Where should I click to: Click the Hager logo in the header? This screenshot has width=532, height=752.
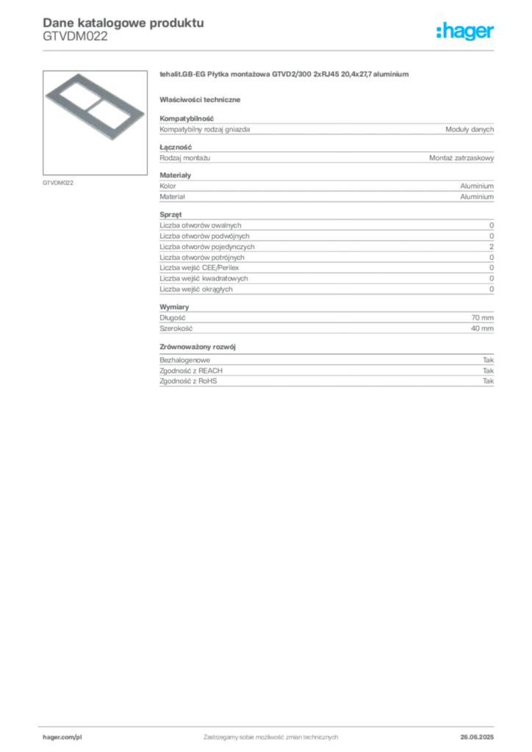click(465, 32)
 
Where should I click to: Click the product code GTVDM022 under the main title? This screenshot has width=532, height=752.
click(75, 37)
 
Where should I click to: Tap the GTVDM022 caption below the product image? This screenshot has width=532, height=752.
click(58, 183)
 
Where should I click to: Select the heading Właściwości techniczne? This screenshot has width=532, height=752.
click(200, 100)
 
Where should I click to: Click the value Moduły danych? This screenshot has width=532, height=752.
click(469, 129)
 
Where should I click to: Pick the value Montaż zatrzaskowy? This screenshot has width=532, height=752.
click(461, 158)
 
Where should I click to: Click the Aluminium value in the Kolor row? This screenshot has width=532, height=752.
click(477, 186)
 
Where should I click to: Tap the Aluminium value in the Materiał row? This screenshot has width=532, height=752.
click(477, 197)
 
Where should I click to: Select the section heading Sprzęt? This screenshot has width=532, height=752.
click(170, 214)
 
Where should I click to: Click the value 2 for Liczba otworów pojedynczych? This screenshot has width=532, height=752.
click(492, 247)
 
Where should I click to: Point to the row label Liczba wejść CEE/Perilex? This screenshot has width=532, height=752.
click(199, 267)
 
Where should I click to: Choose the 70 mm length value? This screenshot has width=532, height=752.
click(482, 317)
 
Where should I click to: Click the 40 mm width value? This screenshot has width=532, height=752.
click(482, 328)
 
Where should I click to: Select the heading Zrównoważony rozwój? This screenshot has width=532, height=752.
click(198, 347)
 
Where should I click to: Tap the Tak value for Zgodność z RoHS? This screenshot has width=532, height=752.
click(488, 381)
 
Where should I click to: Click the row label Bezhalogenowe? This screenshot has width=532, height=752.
click(184, 360)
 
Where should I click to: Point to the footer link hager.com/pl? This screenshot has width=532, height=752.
click(62, 737)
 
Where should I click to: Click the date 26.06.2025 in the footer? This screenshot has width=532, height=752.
click(477, 737)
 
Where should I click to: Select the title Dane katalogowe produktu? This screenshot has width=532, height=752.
click(123, 23)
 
